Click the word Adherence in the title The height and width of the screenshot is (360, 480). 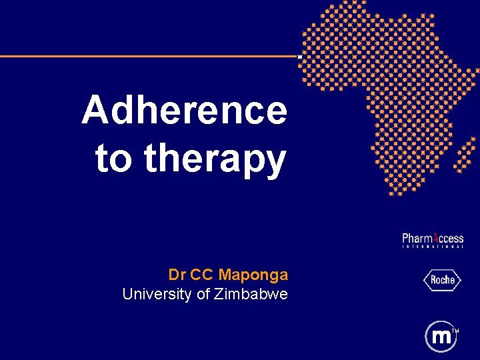184,110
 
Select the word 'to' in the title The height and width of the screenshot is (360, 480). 115,159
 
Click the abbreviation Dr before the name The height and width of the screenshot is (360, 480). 177,275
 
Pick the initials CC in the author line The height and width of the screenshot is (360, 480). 202,275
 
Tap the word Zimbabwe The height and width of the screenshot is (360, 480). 251,294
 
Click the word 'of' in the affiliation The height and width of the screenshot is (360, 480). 203,294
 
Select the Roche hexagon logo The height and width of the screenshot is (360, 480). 441,280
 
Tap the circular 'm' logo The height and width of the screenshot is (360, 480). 441,337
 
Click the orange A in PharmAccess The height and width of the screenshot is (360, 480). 436,238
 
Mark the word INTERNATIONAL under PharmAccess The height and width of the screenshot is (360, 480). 432,247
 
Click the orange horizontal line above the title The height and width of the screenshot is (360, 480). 147,56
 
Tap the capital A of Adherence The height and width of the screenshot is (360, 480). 95,110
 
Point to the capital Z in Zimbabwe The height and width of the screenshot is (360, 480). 219,294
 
